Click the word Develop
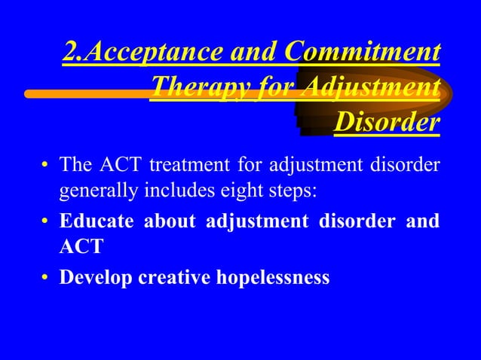(92, 277)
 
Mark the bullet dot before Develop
(45, 278)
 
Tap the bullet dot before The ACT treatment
(45, 164)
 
